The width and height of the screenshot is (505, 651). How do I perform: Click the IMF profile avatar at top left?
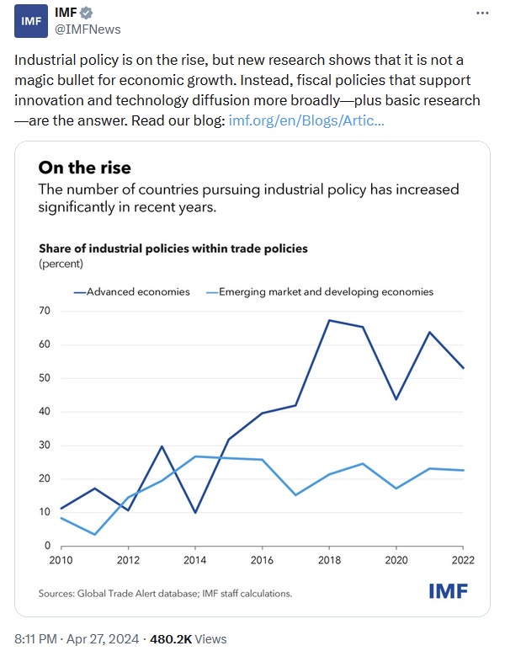point(30,21)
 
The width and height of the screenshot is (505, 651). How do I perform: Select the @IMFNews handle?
point(88,29)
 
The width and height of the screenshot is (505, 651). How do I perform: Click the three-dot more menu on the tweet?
point(481,13)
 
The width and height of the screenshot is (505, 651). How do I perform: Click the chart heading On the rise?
point(84,168)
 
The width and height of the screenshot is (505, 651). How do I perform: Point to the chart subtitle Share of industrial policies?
point(173,248)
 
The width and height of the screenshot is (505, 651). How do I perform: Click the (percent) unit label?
point(61,264)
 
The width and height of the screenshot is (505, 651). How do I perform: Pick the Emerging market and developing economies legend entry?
point(325,291)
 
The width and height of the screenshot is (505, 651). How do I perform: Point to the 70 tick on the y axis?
point(44,311)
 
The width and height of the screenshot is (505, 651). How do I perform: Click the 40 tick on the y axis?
point(44,412)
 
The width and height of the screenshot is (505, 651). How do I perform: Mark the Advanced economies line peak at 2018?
point(329,320)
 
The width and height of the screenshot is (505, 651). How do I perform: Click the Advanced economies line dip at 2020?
point(396,399)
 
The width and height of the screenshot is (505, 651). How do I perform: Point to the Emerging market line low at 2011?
point(94,534)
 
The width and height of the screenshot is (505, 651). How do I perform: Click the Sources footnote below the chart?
point(165,593)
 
